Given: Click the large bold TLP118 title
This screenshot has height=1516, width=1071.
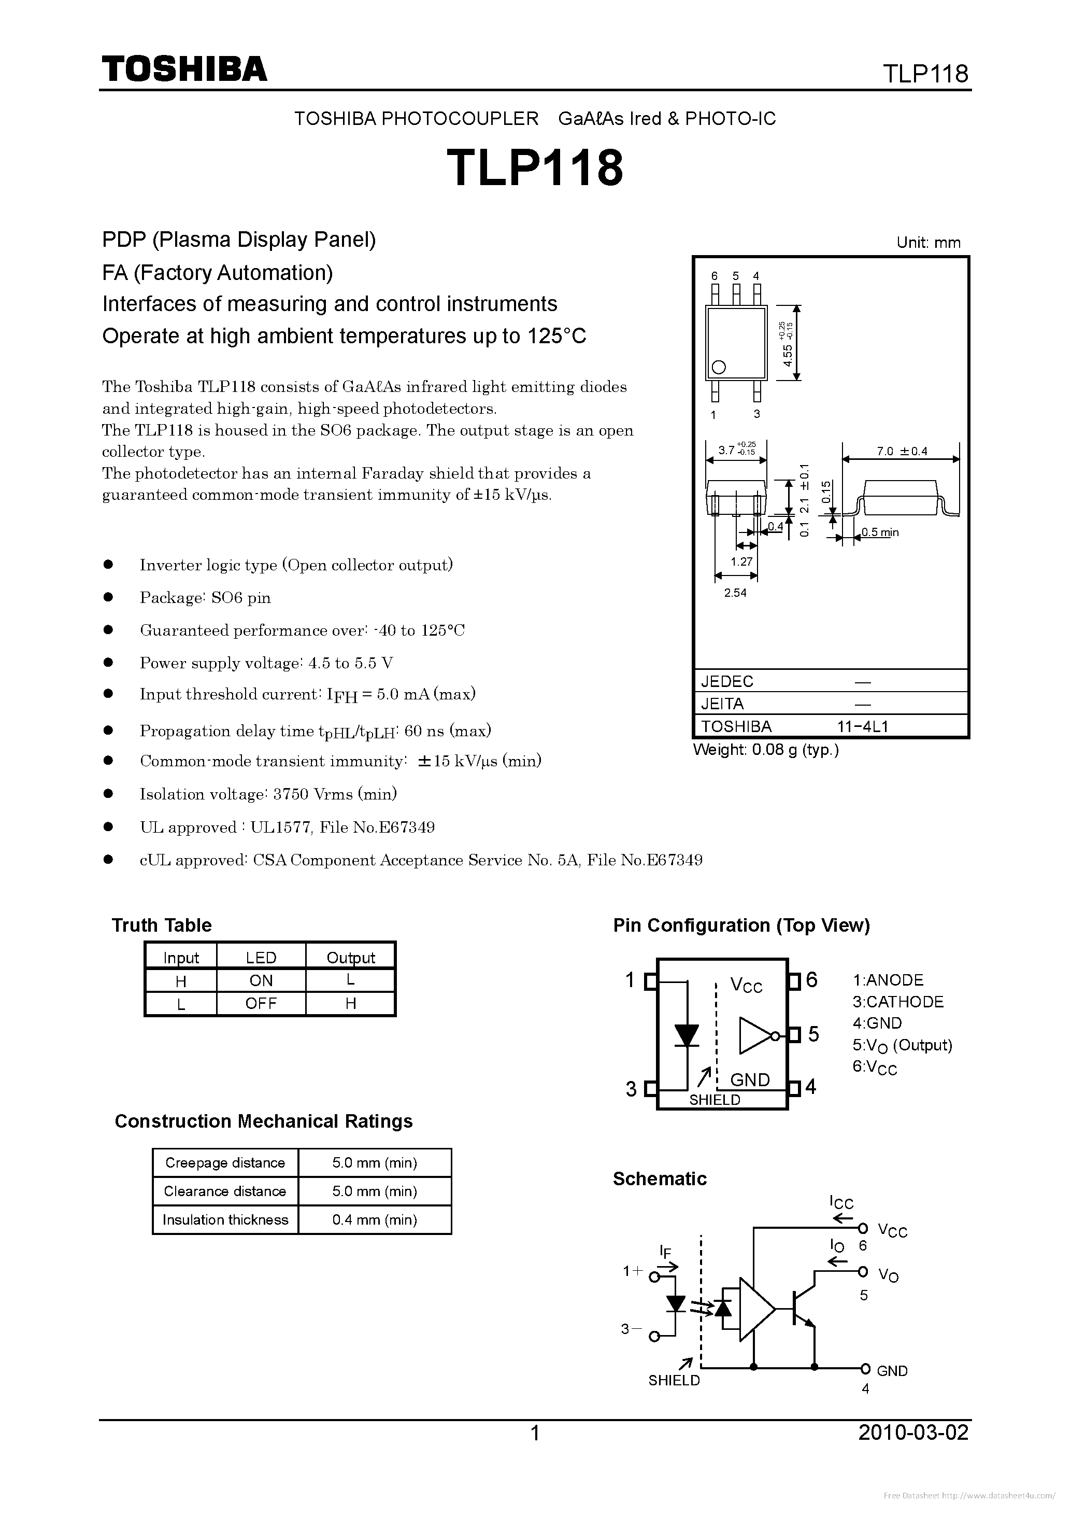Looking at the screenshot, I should tap(535, 167).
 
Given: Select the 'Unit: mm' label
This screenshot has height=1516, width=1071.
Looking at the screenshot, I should tap(929, 242).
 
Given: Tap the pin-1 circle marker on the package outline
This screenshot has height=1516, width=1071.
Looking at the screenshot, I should tap(719, 367).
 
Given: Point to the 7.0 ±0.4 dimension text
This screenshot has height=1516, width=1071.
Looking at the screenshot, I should tap(902, 451).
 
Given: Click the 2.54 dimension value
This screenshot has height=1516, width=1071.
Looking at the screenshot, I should tap(735, 593).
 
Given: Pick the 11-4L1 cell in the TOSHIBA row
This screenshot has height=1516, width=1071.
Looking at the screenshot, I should tap(863, 726).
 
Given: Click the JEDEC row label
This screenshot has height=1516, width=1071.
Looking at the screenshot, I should tap(727, 681).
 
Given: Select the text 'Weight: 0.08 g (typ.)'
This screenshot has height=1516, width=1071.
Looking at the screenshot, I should tap(765, 750).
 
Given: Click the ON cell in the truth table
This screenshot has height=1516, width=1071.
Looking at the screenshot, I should tap(261, 980).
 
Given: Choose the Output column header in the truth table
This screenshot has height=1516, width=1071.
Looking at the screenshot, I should tap(350, 958).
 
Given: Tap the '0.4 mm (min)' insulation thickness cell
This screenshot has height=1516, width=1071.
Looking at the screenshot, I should tap(374, 1219).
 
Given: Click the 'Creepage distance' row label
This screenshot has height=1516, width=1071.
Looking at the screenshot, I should tap(225, 1163).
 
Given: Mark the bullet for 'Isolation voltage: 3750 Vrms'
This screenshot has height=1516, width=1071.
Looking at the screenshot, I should tap(109, 794).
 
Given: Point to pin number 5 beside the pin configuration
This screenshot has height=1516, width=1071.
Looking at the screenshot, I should tap(813, 1034).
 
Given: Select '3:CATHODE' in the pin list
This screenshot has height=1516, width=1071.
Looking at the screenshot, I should tap(897, 1002).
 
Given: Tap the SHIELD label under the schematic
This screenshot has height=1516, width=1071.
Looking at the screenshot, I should tap(674, 1381).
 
